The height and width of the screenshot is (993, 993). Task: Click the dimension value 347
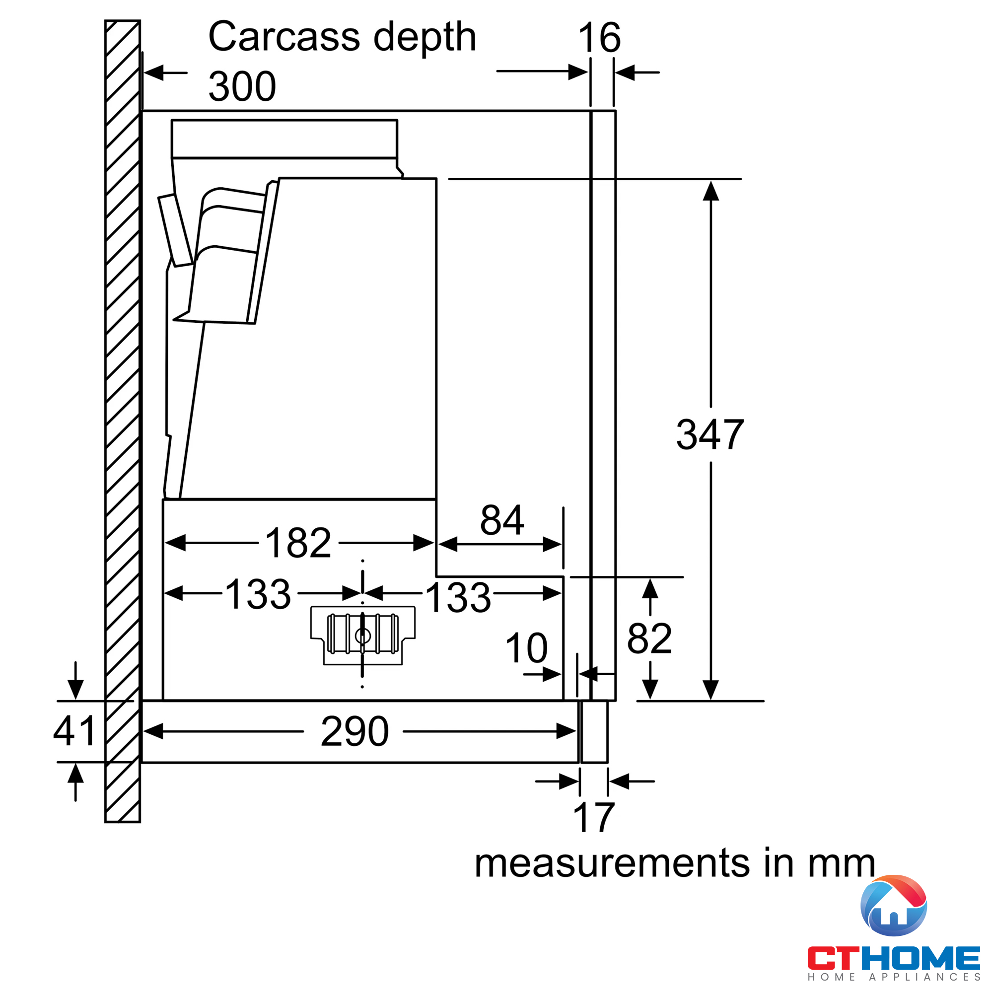click(710, 435)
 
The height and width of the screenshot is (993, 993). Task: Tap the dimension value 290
click(355, 731)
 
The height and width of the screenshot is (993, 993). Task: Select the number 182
click(298, 543)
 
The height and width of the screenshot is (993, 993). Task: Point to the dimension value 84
click(501, 520)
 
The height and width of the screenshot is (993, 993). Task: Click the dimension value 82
click(649, 639)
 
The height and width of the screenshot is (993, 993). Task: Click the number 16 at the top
click(599, 38)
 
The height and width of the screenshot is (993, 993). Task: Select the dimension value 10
click(526, 648)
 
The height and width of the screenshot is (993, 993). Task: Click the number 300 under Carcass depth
click(242, 86)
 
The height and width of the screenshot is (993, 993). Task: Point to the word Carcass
click(284, 37)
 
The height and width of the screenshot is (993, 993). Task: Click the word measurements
click(612, 863)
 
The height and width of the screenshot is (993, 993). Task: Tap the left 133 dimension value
click(259, 594)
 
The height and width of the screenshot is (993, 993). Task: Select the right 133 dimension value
click(458, 597)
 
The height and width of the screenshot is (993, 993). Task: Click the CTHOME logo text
click(893, 959)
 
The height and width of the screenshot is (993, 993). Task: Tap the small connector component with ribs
click(362, 636)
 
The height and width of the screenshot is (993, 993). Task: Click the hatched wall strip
click(122, 411)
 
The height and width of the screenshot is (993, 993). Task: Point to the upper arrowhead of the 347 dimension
click(711, 191)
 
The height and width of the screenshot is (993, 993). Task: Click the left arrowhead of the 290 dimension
click(153, 731)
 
